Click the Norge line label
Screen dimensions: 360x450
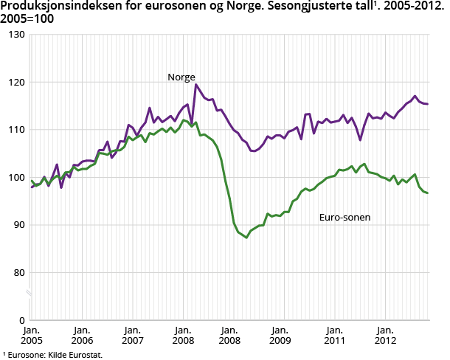pyautogui.click(x=181, y=77)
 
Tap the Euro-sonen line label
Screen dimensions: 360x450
pyautogui.click(x=345, y=218)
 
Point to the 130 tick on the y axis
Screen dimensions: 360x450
pyautogui.click(x=16, y=35)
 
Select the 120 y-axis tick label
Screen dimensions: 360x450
pyautogui.click(x=16, y=82)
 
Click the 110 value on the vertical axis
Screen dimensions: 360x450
pyautogui.click(x=16, y=130)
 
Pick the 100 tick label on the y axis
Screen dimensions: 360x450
pyautogui.click(x=16, y=177)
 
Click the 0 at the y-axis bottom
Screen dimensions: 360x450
pyautogui.click(x=21, y=320)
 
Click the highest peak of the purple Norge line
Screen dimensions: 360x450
pyautogui.click(x=196, y=84)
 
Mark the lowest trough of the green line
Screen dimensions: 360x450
pyautogui.click(x=246, y=238)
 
